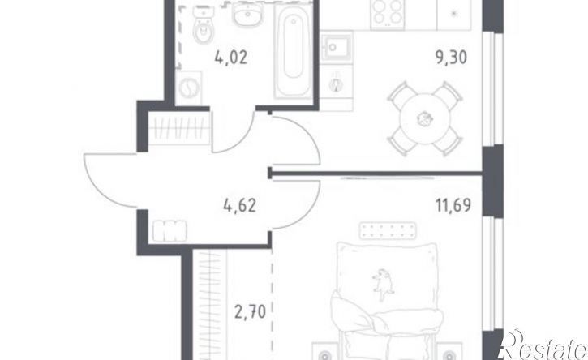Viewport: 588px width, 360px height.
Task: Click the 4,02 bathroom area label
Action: coord(231,58)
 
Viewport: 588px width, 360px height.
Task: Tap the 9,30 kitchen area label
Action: coord(451,58)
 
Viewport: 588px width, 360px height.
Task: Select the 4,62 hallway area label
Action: coord(239,205)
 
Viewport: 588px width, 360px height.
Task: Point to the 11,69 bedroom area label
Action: coord(453,205)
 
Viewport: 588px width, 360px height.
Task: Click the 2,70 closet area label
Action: coord(250,311)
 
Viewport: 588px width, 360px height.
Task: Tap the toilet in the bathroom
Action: coord(203,25)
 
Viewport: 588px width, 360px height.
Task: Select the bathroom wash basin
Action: coord(247,15)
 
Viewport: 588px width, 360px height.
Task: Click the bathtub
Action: coord(294,50)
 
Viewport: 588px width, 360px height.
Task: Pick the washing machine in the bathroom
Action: coord(189,88)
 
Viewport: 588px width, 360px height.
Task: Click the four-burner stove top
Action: coord(387,12)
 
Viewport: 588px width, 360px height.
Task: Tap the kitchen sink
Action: coord(337,46)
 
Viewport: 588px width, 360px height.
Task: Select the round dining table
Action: coord(424,119)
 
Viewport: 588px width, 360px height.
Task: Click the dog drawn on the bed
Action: coord(383,284)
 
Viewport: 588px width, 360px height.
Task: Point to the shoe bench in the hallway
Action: coord(170,230)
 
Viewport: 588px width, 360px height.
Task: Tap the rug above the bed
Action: coord(388,230)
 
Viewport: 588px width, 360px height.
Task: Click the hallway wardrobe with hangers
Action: coord(179,128)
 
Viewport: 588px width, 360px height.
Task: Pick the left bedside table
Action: coord(325,352)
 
